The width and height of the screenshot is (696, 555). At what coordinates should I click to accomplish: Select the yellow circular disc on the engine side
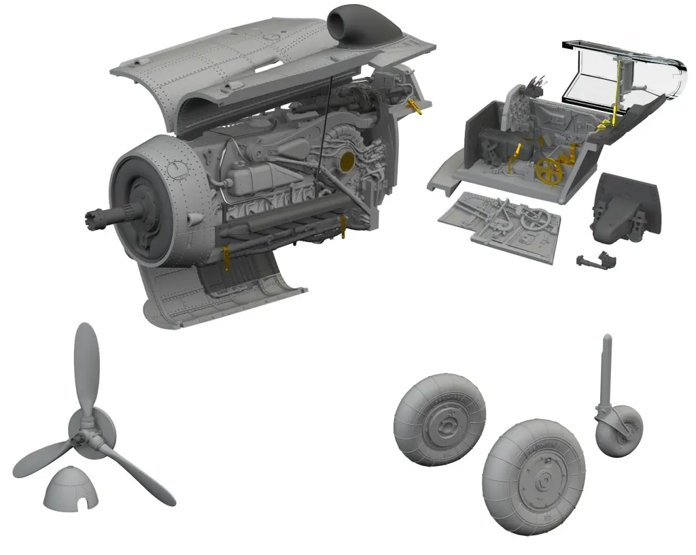[345, 161]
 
